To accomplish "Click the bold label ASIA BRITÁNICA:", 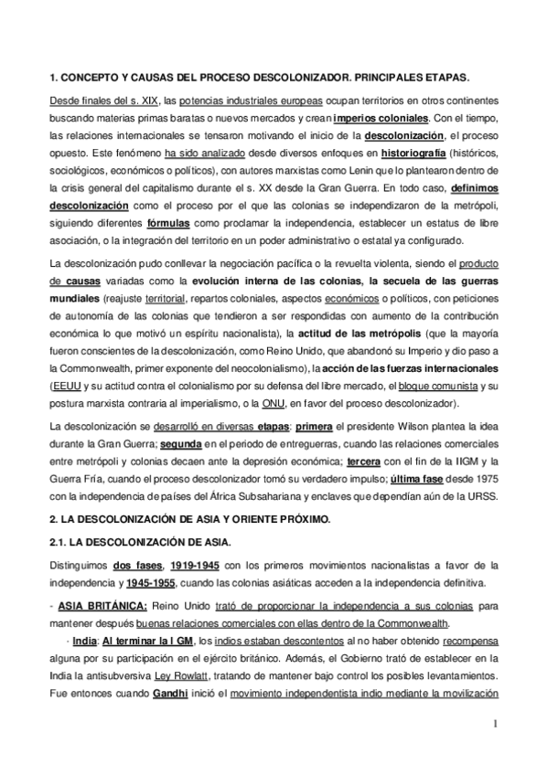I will point(97,606).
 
